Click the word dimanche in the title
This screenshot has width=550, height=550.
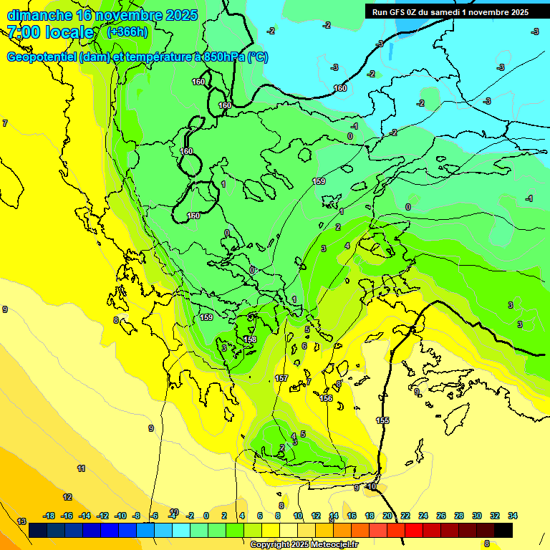coord(39,15)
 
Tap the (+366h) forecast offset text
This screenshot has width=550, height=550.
coord(127,32)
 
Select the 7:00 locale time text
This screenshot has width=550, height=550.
coord(50,32)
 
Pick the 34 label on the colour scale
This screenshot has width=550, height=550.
coord(512,516)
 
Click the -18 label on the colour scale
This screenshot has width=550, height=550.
coord(49,516)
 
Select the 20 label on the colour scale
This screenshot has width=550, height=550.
coord(387,516)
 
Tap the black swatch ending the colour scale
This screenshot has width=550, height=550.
coord(503,530)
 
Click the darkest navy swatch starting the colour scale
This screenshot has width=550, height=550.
coord(38,530)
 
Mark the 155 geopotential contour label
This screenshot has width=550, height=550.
coord(382,420)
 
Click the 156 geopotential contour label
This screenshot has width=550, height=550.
coord(326,398)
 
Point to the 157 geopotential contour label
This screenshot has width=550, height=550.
coord(281,377)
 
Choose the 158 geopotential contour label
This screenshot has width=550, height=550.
coord(250,339)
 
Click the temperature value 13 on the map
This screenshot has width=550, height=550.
coord(21,521)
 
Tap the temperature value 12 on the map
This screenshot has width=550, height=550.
coord(67,497)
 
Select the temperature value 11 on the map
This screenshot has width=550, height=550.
coord(81,468)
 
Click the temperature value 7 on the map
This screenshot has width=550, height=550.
coord(5,124)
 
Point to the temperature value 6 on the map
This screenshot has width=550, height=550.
coord(304,346)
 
